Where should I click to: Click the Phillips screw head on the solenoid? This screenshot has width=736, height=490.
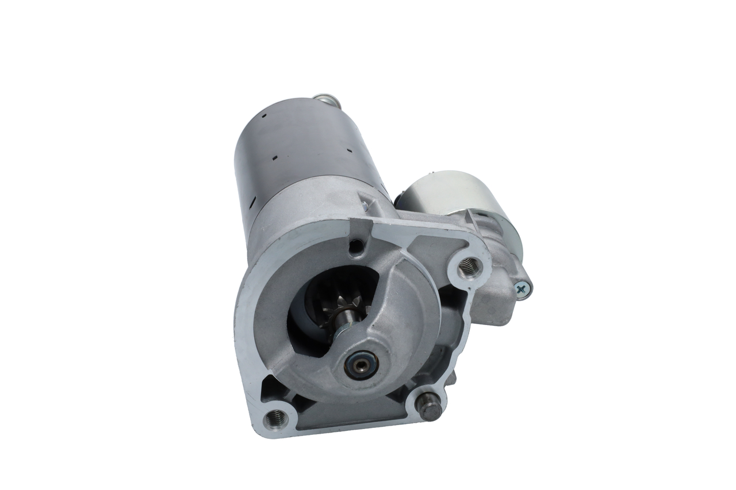pos(522,290)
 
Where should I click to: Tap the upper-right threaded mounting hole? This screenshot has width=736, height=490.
pos(470,265)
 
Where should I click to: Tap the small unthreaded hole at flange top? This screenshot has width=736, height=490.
pos(356,248)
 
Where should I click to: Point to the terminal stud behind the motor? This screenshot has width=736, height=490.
pos(326,101)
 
